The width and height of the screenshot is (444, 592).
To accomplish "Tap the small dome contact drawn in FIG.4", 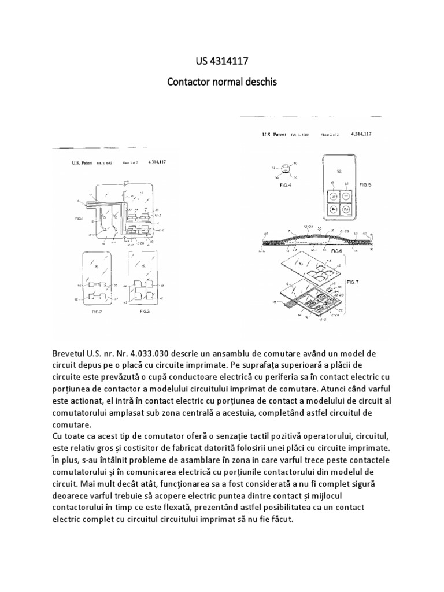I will click(285, 170).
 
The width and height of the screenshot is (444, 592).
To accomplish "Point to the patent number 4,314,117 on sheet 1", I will click(157, 164).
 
